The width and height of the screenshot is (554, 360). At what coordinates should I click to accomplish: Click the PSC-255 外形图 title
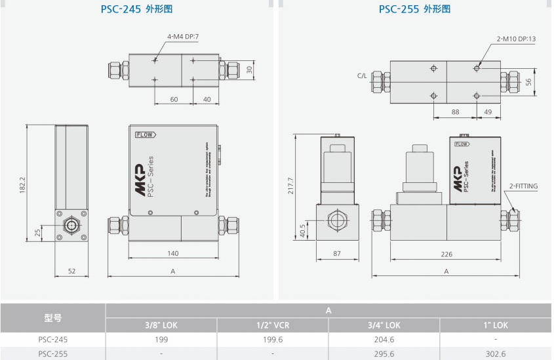pos(414,9)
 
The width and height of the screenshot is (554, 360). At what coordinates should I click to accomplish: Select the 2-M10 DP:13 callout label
pos(516,39)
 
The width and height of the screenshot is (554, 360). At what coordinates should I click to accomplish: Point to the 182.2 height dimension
pos(22,185)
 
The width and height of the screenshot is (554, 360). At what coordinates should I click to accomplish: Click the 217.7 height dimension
pos(292,186)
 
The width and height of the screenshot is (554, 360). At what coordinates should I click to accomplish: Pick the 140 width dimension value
pos(173,252)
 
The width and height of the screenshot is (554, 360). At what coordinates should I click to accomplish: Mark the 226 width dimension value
pos(446,252)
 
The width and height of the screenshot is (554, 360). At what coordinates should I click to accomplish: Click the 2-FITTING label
pos(523,186)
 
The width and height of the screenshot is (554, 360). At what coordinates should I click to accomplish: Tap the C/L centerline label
pos(363,76)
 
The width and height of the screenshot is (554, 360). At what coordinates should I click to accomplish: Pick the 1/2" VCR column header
pos(272,325)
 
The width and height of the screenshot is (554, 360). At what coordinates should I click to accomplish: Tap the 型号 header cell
pos(52,317)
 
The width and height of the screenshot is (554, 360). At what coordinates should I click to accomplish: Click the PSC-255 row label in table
pos(52,353)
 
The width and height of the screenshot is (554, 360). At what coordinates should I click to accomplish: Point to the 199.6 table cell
pos(272,340)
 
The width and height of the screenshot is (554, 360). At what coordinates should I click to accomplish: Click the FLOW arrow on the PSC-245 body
pos(146,134)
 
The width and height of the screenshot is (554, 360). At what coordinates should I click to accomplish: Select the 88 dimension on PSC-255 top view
pos(454,112)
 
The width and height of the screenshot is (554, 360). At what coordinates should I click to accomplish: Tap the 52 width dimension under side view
pos(71,270)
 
